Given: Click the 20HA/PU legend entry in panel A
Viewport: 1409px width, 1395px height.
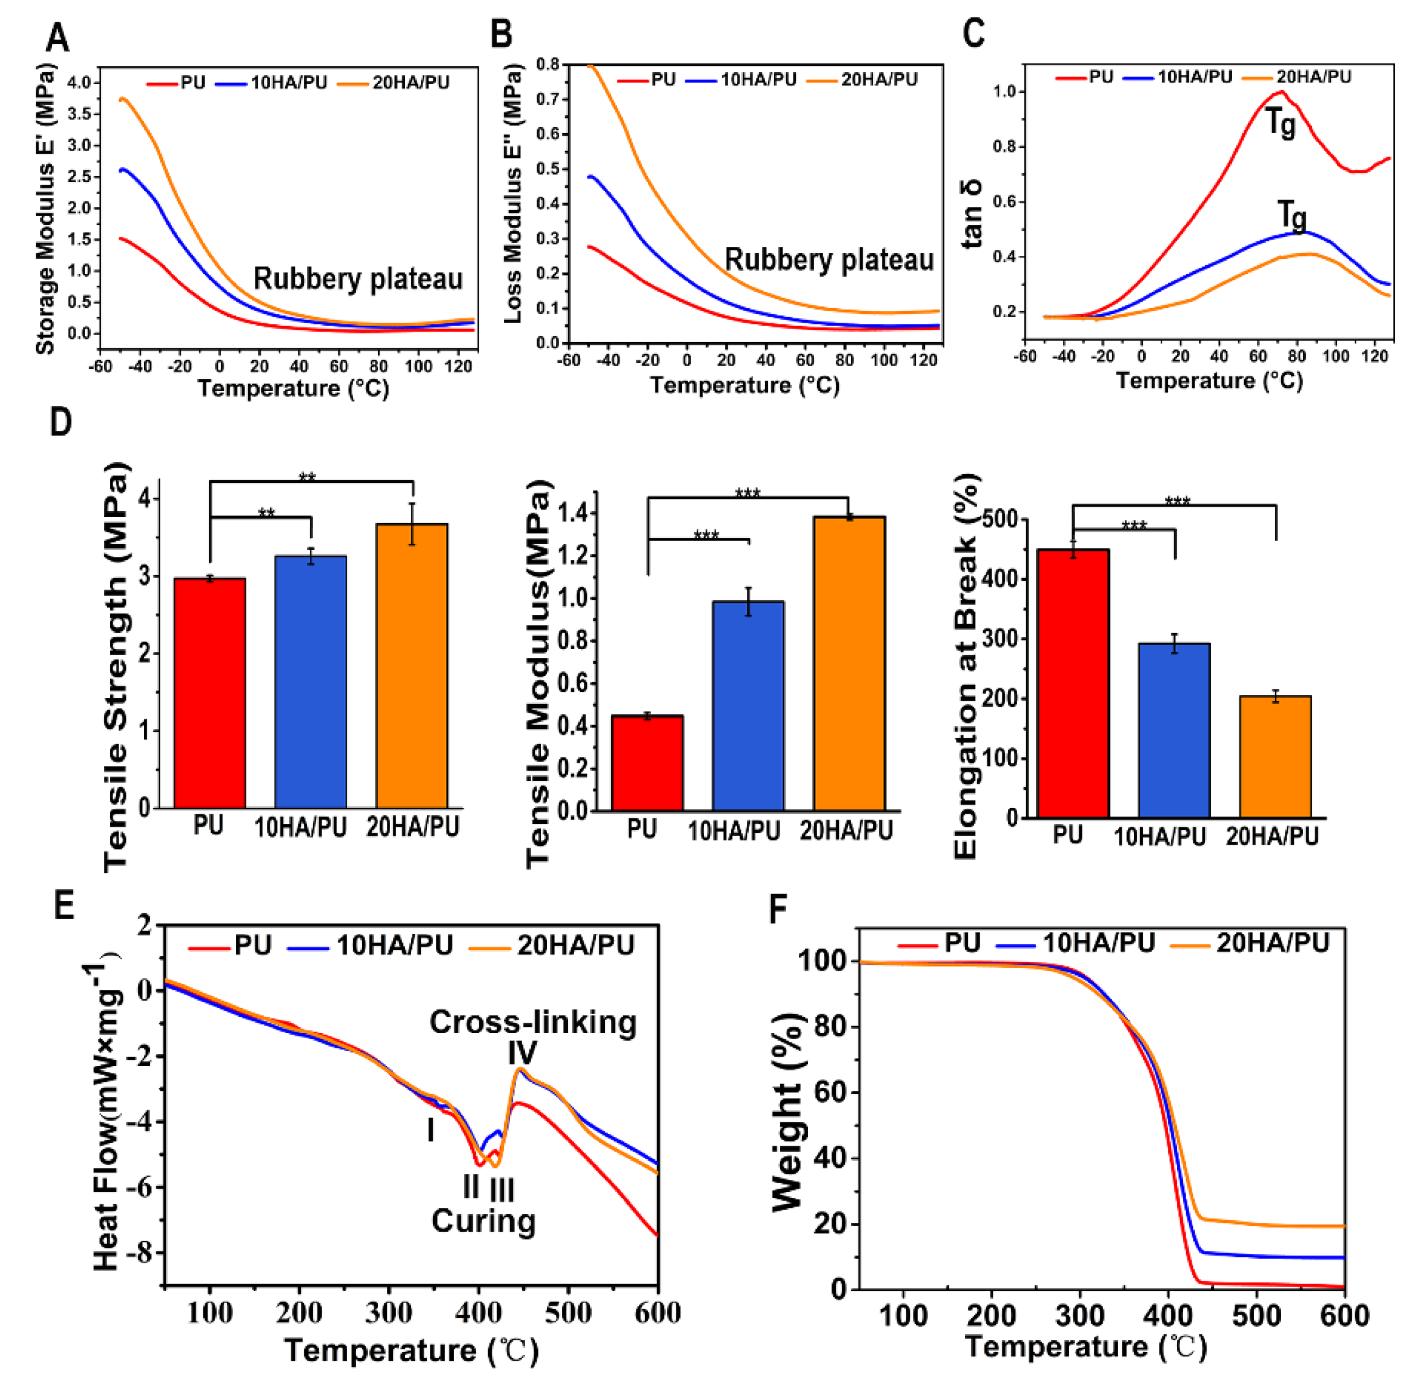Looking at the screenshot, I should point(410,83).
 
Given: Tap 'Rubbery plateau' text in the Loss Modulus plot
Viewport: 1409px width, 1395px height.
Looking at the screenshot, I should point(829,260).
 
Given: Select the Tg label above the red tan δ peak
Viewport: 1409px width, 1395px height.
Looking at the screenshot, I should point(1280,123).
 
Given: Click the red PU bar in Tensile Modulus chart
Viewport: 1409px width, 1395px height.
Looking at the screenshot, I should point(647,763).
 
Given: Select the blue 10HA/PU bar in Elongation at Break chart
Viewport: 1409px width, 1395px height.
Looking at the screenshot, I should point(1173,729).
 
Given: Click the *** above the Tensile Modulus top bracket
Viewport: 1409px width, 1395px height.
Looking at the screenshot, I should point(748,493).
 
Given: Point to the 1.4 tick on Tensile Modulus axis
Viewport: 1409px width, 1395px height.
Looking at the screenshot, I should point(573,513).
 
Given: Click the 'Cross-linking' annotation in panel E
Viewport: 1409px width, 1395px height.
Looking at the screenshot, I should point(533,1022).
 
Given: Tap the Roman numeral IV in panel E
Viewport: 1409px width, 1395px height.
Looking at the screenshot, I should point(522,1052).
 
